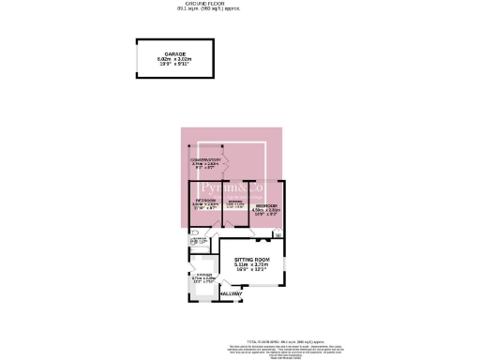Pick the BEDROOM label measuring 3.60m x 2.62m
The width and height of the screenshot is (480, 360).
[205, 200]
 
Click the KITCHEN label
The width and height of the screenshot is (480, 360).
[203, 274]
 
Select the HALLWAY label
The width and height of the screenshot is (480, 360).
[230, 293]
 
